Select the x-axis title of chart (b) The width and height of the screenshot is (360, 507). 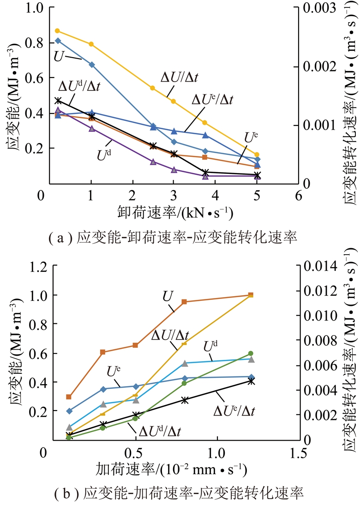[x=171, y=470]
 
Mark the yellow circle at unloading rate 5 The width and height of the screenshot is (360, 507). [x=257, y=155]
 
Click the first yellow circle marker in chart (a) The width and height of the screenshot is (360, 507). [x=57, y=31]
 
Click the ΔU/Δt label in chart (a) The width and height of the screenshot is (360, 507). [x=180, y=77]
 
